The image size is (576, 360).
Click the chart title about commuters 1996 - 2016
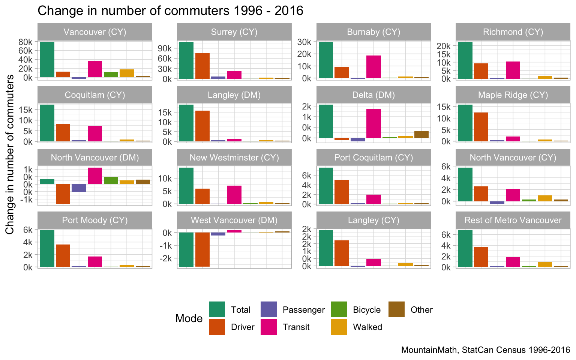point(170,10)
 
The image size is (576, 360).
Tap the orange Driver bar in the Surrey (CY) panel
point(202,66)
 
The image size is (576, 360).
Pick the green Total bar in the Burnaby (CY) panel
point(325,60)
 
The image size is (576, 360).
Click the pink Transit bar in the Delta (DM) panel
point(373,123)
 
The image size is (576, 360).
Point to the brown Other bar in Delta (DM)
point(421,135)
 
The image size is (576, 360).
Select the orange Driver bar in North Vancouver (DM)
point(63,194)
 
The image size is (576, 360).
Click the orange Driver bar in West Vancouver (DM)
point(202,249)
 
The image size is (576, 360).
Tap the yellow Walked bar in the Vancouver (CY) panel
point(127,73)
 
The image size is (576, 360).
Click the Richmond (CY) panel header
point(513,32)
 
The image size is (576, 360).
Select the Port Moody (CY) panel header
point(95,220)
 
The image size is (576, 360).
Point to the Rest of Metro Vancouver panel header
point(513,220)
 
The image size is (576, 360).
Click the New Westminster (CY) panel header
point(234,157)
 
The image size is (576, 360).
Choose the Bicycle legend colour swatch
point(339,309)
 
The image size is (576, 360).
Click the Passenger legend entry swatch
point(268,309)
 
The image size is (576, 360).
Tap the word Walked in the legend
point(367,327)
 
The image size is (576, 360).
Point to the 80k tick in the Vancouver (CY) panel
point(25,42)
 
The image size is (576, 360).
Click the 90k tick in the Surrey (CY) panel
point(165,48)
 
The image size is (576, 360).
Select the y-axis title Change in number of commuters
point(10,154)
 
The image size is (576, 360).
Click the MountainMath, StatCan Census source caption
point(485,350)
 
